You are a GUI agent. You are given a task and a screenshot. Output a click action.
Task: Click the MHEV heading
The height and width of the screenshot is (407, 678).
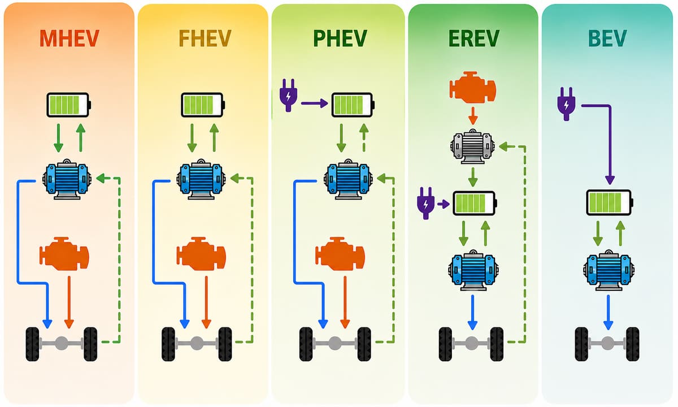click(69, 38)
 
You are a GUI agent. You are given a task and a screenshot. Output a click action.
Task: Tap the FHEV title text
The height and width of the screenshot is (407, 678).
click(205, 38)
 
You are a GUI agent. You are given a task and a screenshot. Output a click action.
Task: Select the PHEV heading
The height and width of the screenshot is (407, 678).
click(340, 38)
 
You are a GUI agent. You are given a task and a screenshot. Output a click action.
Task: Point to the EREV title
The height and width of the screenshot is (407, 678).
click(473, 38)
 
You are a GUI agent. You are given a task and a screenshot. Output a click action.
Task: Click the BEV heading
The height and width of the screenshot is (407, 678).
click(607, 38)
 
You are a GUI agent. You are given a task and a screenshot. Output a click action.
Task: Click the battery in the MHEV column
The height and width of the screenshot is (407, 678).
click(69, 105)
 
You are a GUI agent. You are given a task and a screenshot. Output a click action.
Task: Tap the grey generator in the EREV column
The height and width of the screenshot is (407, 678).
click(472, 146)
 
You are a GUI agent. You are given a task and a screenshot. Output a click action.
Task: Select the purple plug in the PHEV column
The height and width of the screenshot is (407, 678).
click(288, 95)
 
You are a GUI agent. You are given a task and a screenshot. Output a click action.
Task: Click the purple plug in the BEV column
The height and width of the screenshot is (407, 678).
click(566, 104)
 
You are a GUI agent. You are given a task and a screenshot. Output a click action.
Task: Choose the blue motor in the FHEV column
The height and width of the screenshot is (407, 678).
click(201, 179)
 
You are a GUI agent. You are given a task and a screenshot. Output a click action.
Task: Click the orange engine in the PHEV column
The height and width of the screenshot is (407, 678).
click(340, 253)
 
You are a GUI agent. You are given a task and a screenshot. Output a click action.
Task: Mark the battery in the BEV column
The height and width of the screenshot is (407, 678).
click(610, 202)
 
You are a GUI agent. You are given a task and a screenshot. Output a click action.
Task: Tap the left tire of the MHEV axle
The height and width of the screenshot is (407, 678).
click(32, 344)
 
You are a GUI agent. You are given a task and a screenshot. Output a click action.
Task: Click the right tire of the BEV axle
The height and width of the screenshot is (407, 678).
click(633, 344)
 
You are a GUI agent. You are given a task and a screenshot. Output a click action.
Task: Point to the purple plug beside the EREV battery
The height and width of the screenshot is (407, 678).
click(426, 203)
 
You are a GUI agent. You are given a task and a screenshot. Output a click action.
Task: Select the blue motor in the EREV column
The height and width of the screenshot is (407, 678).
click(473, 270)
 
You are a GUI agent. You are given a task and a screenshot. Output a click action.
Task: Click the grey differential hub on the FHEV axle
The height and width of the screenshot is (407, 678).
click(197, 343)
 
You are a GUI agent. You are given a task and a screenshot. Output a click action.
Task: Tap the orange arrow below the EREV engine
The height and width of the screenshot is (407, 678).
click(473, 115)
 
